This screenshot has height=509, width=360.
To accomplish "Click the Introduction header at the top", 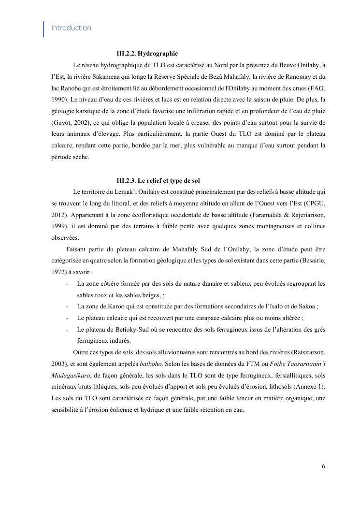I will point(71,28).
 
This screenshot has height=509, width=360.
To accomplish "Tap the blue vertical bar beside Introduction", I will point(44,29).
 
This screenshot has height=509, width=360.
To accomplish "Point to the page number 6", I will point(323,466).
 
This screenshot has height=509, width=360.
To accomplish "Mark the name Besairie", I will point(310,261).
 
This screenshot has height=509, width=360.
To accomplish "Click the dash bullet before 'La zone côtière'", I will point(67,284).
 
